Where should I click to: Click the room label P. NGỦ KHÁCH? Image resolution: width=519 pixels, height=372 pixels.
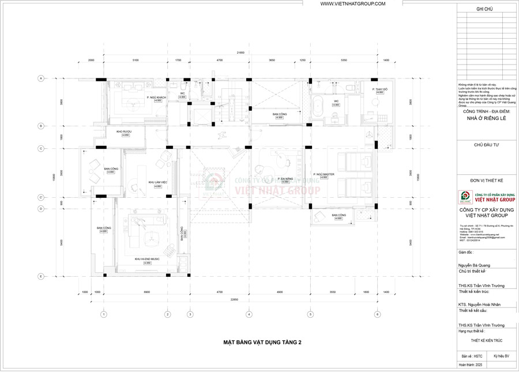pyautogui.click(x=156, y=97)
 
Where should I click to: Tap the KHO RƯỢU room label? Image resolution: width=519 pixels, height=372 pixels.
pyautogui.click(x=124, y=131)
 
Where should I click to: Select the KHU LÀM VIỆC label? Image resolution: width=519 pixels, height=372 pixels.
pyautogui.click(x=157, y=182)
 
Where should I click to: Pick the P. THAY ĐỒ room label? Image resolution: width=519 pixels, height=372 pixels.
pyautogui.click(x=366, y=89)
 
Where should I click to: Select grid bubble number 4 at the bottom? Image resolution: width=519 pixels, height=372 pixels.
pyautogui.click(x=249, y=314)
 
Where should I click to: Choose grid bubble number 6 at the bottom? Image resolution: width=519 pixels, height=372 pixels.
pyautogui.click(x=377, y=314)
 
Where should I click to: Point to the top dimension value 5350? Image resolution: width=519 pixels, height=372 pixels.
pyautogui.click(x=343, y=59)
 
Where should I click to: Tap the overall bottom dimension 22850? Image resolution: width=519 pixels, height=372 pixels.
pyautogui.click(x=233, y=299)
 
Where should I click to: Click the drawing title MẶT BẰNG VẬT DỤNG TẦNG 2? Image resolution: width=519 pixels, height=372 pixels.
pyautogui.click(x=262, y=342)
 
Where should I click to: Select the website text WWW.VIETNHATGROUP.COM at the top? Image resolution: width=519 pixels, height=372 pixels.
pyautogui.click(x=352, y=4)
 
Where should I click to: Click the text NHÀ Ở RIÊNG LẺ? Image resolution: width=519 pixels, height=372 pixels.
pyautogui.click(x=486, y=119)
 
